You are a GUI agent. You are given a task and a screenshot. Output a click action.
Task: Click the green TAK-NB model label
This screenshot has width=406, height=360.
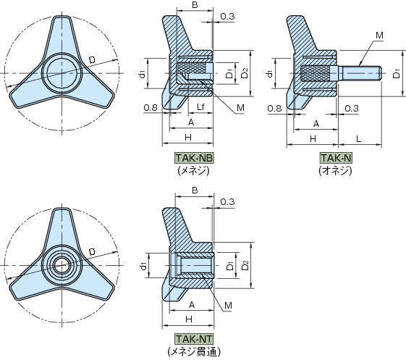point(194,158)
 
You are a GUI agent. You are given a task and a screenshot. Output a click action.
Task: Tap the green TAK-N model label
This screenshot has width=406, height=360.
point(336,158)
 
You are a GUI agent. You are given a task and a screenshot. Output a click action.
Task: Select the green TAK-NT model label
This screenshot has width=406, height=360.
point(194,339)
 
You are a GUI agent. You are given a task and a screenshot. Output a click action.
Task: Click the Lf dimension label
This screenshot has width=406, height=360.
point(200,106)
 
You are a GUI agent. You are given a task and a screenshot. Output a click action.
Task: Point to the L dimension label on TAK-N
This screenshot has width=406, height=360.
point(359,139)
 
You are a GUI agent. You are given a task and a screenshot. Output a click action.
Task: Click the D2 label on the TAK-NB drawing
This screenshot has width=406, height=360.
point(245,73)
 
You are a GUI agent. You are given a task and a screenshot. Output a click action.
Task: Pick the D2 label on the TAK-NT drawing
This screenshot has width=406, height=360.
point(245,265)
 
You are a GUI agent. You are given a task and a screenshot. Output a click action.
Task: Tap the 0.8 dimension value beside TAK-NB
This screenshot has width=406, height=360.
point(151,107)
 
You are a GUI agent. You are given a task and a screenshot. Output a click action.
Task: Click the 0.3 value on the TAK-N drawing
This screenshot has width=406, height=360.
point(352,108)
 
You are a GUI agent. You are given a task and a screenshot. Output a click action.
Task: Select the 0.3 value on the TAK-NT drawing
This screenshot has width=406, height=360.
point(227,201)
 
